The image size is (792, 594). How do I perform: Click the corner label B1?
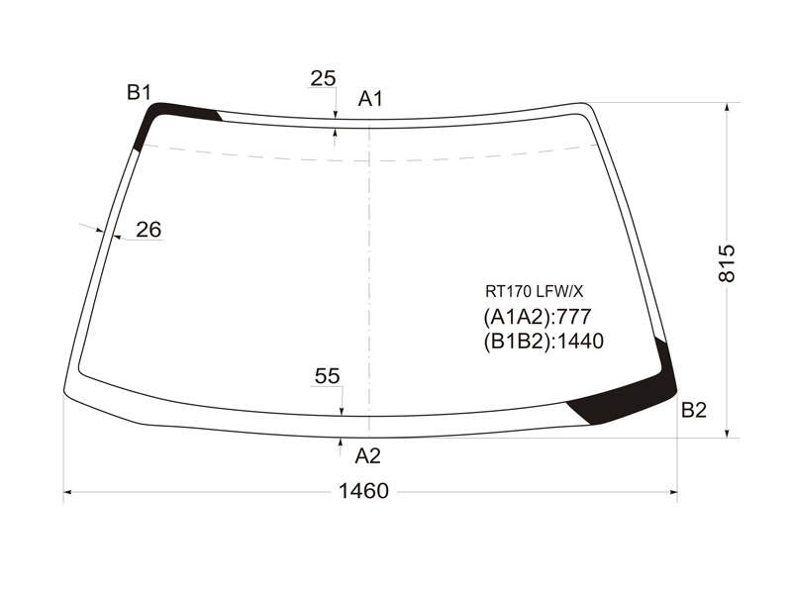click(139, 93)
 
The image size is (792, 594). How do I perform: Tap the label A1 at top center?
click(370, 99)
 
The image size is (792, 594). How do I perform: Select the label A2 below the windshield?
click(367, 456)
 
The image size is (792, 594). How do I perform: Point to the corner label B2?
click(694, 410)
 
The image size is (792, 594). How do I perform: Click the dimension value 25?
click(324, 78)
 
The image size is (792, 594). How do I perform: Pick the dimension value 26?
click(148, 230)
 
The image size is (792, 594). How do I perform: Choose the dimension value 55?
click(328, 376)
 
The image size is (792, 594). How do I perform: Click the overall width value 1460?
click(363, 491)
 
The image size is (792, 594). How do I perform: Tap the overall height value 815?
click(728, 263)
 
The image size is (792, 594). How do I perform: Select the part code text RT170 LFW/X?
click(534, 291)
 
